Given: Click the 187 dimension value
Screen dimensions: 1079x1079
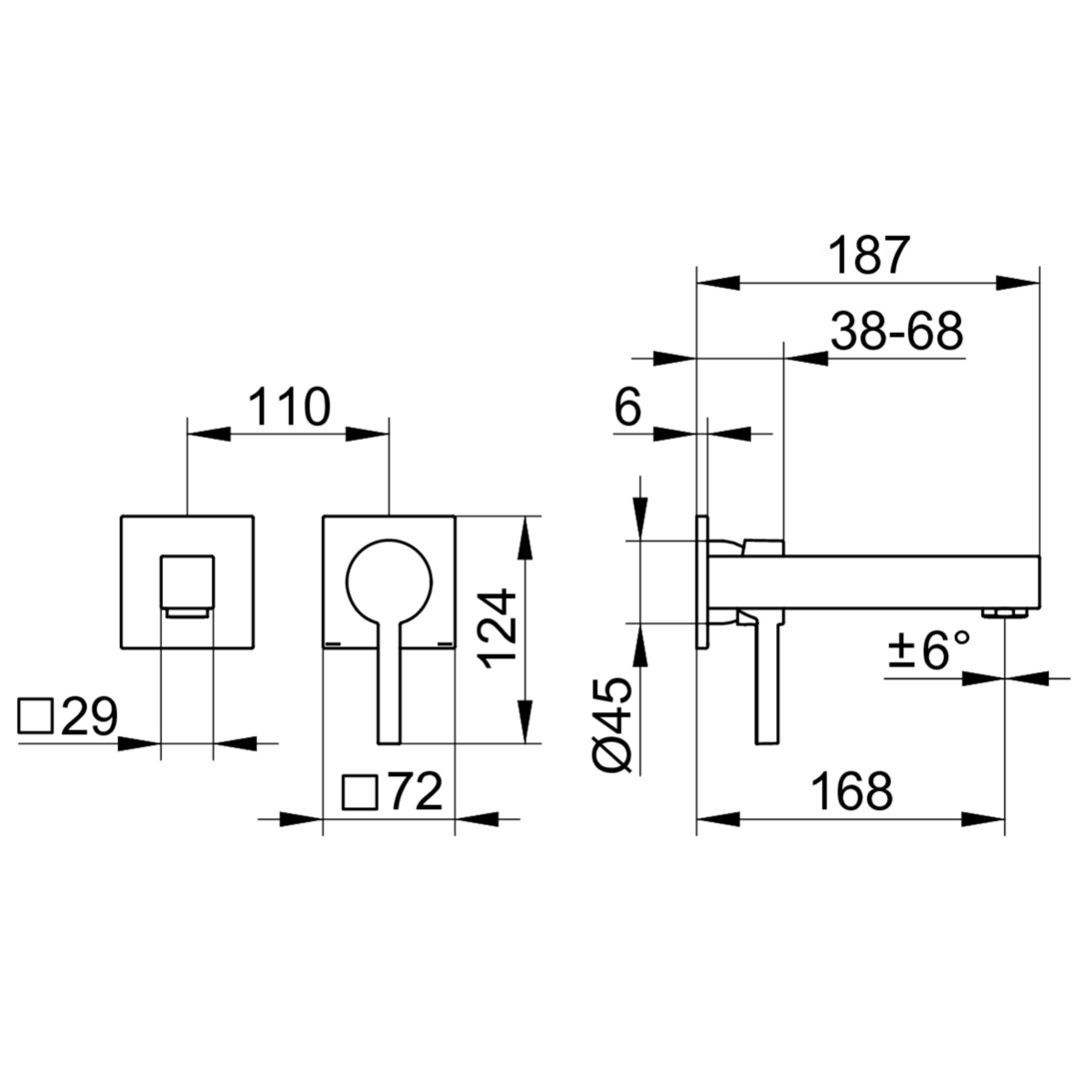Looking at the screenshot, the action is (869, 256).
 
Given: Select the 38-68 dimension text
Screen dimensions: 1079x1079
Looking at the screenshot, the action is (896, 332).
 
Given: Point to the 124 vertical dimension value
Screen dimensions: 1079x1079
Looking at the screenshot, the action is (498, 628).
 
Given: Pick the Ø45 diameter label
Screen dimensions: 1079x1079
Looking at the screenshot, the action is (611, 725).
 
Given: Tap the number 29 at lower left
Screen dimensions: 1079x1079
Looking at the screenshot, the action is (90, 717).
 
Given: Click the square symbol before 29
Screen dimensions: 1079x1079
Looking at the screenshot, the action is (36, 716).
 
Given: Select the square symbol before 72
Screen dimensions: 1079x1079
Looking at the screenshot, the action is (360, 792).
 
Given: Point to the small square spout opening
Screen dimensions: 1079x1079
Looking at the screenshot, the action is (187, 582).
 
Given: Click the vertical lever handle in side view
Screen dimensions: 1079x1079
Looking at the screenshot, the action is (767, 678).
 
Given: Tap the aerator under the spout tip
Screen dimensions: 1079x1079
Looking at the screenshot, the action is (1005, 613).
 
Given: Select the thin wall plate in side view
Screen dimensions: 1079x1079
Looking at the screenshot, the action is (702, 580).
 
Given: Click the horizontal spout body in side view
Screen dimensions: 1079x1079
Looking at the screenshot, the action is (874, 582).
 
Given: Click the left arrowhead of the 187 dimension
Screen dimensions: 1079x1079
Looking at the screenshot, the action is (717, 282).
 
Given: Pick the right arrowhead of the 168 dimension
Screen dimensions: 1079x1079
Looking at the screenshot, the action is (983, 819).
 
